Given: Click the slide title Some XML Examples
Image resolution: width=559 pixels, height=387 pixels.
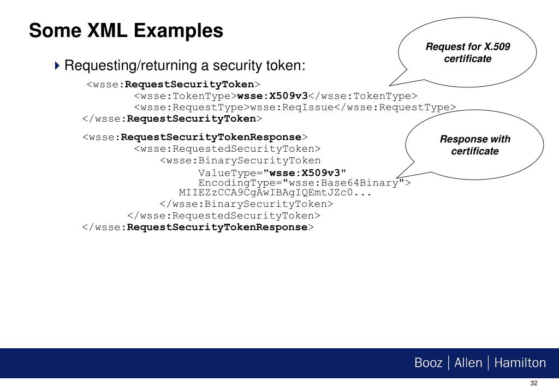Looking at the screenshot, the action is pos(126,30).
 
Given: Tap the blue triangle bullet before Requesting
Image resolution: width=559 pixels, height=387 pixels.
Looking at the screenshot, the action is pos(57,66).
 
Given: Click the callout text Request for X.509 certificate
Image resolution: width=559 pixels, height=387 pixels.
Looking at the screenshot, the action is pos(468,52).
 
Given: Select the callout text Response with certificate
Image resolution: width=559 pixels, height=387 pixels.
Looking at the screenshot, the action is pos(475,145).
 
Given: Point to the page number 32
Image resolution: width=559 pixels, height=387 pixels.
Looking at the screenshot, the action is pos(534,383).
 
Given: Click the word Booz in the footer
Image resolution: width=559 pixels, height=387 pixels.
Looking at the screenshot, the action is pos(428,363).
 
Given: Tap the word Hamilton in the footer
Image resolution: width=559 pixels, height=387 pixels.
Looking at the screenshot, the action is pos(520,363).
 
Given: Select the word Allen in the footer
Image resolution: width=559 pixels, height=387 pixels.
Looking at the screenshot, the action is pos(468,363).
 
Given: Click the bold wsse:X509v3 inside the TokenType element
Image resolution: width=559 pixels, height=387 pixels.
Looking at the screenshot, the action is pos(272,96).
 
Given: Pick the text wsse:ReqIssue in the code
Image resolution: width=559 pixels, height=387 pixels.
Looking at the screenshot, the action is pos(292,108).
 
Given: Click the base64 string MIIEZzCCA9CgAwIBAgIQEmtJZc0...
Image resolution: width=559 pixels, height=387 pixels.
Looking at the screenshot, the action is pos(266,193).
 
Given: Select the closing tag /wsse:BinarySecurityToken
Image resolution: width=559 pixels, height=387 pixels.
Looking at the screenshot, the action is pos(246,204).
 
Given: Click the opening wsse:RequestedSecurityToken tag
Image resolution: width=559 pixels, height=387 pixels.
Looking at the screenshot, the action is pos(228,148).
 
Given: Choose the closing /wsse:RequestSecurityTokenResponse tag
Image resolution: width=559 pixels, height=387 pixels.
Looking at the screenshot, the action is pos(198,228).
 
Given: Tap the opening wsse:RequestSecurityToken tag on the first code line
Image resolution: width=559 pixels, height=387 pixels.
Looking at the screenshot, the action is pos(173,85).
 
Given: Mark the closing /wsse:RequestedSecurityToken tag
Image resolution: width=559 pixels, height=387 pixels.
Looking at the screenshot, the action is pos(224,216).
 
